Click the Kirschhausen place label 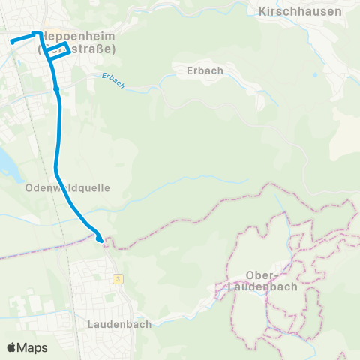click(299, 11)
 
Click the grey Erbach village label click(201, 70)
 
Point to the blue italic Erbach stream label click(112, 80)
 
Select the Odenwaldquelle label click(67, 188)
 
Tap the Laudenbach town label click(119, 324)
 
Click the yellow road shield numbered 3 click(118, 278)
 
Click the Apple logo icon click(12, 347)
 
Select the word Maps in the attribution click(33, 347)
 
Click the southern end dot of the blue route click(100, 239)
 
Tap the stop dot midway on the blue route click(56, 88)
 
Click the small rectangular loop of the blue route click(59, 50)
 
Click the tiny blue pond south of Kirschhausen click(316, 75)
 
